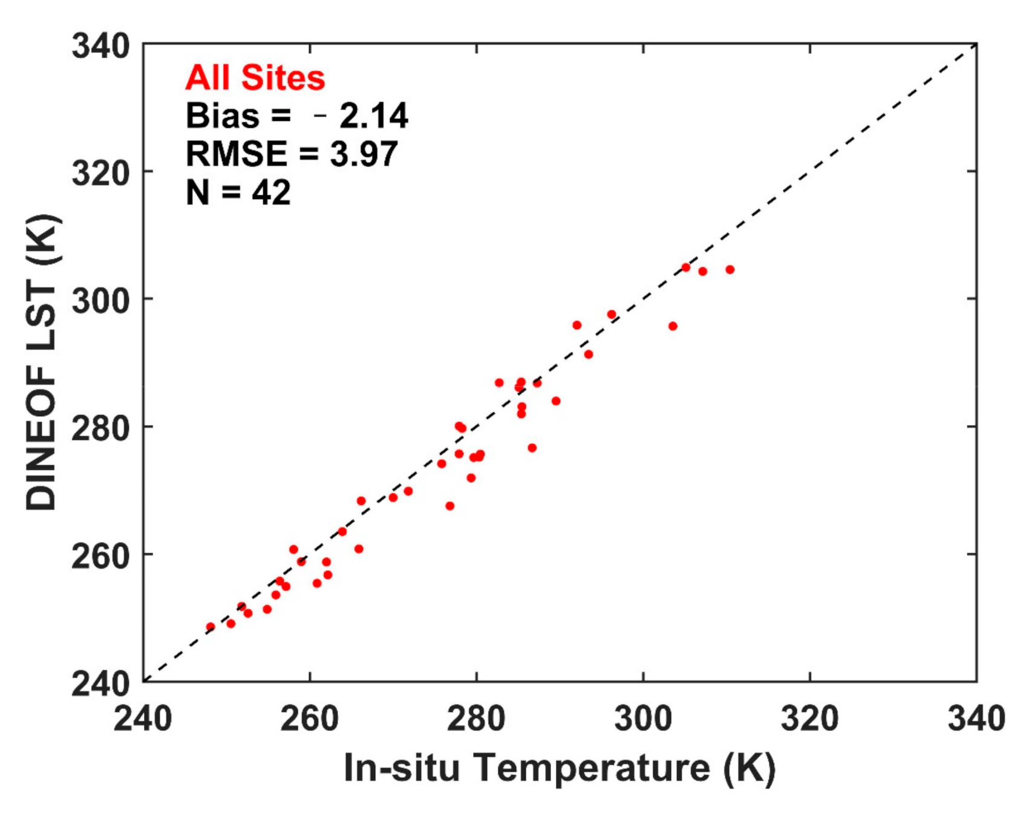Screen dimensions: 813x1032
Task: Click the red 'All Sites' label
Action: pos(255,78)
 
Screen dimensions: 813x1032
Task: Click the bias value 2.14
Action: pos(373,116)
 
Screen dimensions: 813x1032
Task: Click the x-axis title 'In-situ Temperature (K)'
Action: pos(559,768)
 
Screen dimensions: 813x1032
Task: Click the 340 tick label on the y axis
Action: pos(100,46)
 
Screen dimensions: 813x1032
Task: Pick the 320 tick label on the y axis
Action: pos(100,173)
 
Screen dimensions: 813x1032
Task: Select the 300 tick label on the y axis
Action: pos(100,300)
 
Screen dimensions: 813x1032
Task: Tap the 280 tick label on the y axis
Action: pos(100,428)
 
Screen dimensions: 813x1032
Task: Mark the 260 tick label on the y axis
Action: pos(100,555)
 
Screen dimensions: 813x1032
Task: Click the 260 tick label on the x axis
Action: pos(309,719)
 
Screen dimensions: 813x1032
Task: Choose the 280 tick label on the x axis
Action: pos(476,719)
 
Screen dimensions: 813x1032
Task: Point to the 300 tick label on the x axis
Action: pos(642,719)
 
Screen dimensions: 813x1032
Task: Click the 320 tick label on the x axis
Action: pos(809,719)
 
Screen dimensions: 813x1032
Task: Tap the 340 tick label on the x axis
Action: pos(975,719)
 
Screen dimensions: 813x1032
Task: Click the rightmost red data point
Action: pos(730,270)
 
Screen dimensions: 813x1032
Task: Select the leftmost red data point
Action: pos(211,627)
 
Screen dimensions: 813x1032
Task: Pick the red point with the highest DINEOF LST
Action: pos(686,267)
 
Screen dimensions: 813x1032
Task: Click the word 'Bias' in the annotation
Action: pos(222,116)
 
